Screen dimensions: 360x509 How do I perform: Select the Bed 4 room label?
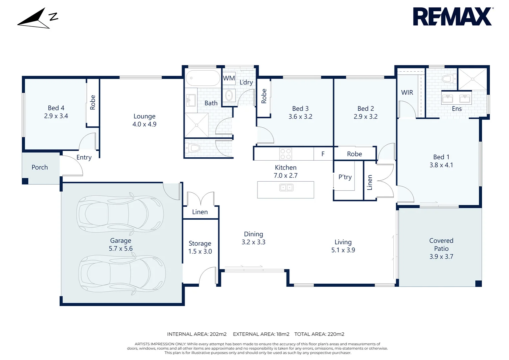[56, 108]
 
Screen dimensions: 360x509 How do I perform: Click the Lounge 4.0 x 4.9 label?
[144, 120]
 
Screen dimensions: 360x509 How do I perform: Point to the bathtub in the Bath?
[203, 78]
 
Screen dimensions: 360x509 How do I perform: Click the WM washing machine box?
[229, 78]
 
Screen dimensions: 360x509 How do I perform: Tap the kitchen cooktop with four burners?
[285, 154]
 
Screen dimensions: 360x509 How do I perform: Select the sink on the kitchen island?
[286, 188]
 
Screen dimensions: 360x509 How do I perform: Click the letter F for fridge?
[323, 154]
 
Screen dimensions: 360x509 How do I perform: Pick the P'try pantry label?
[345, 177]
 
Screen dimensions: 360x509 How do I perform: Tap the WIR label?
[407, 92]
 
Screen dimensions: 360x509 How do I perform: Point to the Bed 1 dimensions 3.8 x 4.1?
[441, 165]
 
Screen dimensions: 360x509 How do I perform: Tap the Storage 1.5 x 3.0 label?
[200, 247]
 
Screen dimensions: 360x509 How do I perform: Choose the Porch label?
[40, 167]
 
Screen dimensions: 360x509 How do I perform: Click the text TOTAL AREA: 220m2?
[319, 334]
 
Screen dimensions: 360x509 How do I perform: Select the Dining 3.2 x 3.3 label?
[254, 238]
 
